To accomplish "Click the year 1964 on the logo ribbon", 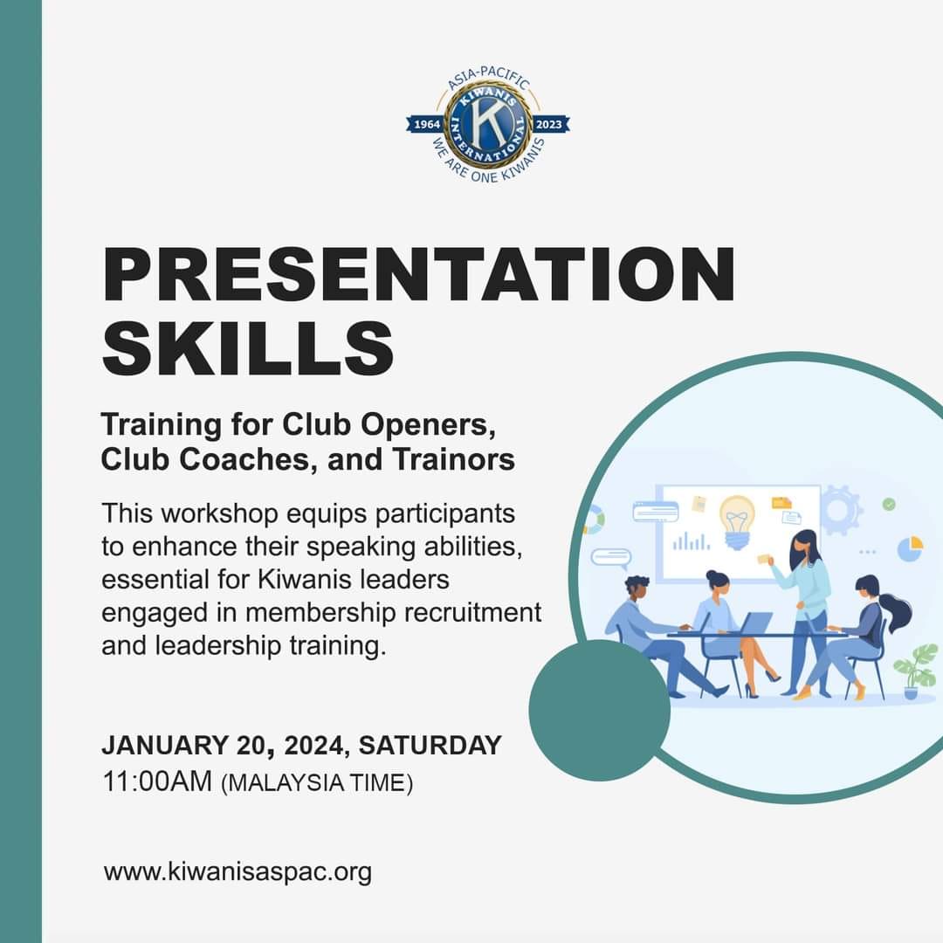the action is click(x=427, y=125).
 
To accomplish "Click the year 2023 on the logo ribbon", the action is click(x=548, y=125).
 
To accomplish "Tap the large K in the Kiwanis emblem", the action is click(x=488, y=123).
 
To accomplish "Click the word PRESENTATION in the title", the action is click(x=419, y=274).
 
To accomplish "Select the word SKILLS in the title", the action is click(x=248, y=348).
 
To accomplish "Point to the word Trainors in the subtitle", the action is click(x=453, y=459).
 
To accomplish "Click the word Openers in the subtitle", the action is click(x=428, y=426).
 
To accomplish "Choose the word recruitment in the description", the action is click(x=472, y=613).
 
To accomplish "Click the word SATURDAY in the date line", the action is click(x=430, y=745).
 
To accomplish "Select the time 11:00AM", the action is click(x=157, y=781).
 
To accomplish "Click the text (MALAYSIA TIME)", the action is click(x=317, y=783).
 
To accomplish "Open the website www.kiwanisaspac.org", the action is click(x=237, y=872).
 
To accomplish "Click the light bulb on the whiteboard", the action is click(x=737, y=521).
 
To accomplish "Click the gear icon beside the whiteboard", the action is click(x=840, y=511).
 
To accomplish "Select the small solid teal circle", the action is click(x=600, y=710).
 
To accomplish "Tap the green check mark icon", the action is click(x=889, y=504).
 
